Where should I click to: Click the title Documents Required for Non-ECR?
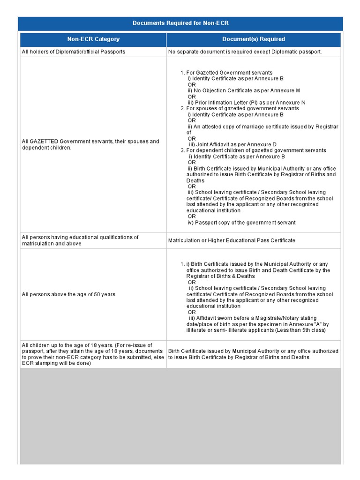point(180,23)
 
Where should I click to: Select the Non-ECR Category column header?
point(93,39)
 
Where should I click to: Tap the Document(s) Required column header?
point(254,39)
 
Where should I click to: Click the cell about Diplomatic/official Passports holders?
point(74,52)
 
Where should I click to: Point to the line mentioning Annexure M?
point(244,90)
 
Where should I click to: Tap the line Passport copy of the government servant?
point(241,223)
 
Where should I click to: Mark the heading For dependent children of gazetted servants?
point(256,150)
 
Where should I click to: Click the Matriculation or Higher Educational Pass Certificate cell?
point(232,240)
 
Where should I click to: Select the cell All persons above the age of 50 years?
point(68,294)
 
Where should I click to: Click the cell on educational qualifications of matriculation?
point(80,240)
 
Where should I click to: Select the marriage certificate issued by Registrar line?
point(262,127)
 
